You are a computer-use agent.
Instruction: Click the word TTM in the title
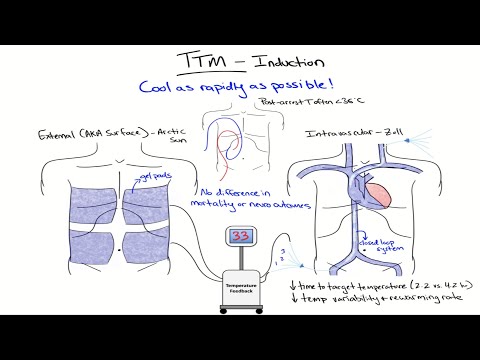pos(196,63)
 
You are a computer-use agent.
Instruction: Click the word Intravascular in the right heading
pos(337,134)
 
